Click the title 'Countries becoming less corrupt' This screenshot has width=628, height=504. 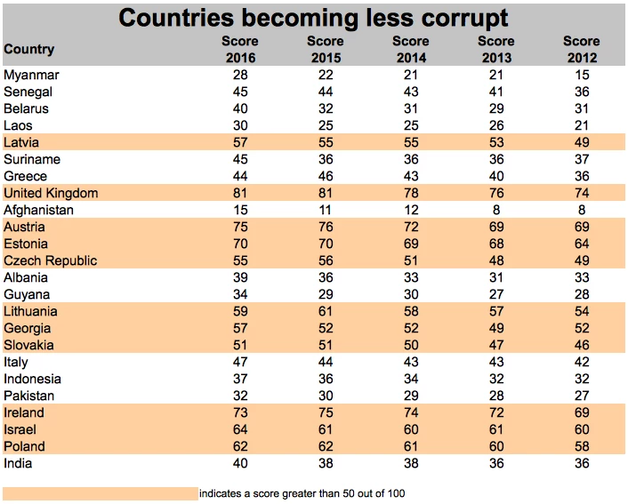pos(314,17)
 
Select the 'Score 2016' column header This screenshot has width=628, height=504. pos(240,49)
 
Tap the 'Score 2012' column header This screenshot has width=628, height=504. pos(581,49)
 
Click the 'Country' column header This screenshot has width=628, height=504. pos(29,50)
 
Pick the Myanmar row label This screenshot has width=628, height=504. pos(31,75)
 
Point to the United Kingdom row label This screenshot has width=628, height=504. pos(51,193)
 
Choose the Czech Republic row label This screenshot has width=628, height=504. pos(51,260)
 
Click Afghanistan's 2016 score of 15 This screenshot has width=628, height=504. pos(240,210)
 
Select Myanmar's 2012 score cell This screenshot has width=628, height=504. pos(581,75)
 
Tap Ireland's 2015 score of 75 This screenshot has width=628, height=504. pos(325,412)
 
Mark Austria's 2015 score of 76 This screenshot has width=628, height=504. pos(325,227)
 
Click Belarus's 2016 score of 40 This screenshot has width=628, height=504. pos(240,108)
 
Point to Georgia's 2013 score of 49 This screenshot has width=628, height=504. pos(495,328)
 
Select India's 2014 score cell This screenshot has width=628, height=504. pos(410,463)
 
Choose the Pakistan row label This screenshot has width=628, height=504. pos(29,396)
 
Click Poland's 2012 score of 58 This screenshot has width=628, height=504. pos(581,446)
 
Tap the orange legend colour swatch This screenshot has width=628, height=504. pos(100,492)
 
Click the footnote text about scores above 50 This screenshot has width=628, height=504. pos(303,492)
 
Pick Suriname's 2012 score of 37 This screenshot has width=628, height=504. pos(581,159)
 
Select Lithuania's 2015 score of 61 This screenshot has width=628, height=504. pos(325,311)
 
